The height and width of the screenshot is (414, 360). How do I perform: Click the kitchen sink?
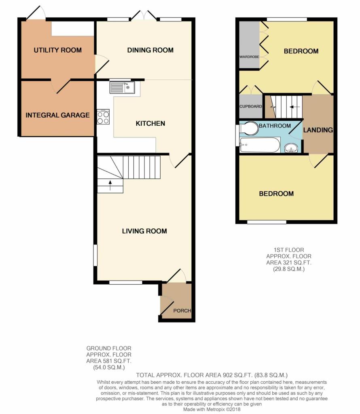122,87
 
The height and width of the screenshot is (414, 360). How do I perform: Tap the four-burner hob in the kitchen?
103,117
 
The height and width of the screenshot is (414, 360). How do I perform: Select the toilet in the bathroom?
248,128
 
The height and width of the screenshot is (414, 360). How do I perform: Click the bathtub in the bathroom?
260,145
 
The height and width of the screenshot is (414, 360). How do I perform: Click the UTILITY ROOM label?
57,50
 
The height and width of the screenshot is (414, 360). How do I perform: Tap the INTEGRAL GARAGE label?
57,115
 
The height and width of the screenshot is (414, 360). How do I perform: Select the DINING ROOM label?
150,50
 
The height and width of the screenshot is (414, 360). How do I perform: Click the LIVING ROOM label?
144,231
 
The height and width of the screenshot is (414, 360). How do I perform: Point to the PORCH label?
182,310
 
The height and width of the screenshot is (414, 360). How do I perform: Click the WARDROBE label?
249,57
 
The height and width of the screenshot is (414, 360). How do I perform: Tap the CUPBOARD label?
251,106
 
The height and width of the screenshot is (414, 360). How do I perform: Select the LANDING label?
318,130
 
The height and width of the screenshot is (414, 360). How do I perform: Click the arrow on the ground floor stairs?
110,185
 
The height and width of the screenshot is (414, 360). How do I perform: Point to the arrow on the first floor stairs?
294,107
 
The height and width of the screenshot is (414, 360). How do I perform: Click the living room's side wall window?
95,256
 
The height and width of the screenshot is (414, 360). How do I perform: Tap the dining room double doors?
144,15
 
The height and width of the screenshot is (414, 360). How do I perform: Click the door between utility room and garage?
61,86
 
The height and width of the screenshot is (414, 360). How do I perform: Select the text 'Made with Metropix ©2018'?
212,410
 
